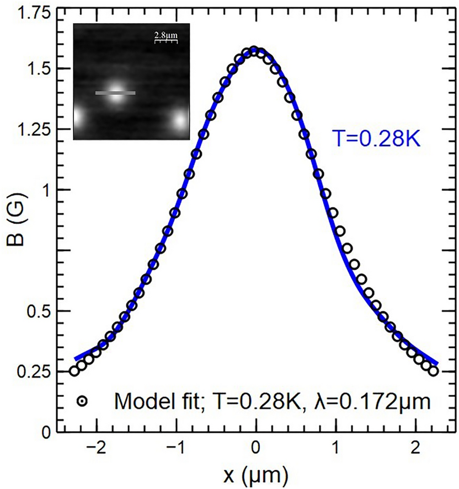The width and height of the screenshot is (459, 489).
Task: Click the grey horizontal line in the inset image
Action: click(x=115, y=93)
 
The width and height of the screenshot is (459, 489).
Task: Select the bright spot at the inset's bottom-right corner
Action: click(x=181, y=120)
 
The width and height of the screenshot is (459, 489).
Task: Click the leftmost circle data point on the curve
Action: click(x=74, y=371)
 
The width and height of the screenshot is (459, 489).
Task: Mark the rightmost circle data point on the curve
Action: click(x=434, y=371)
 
